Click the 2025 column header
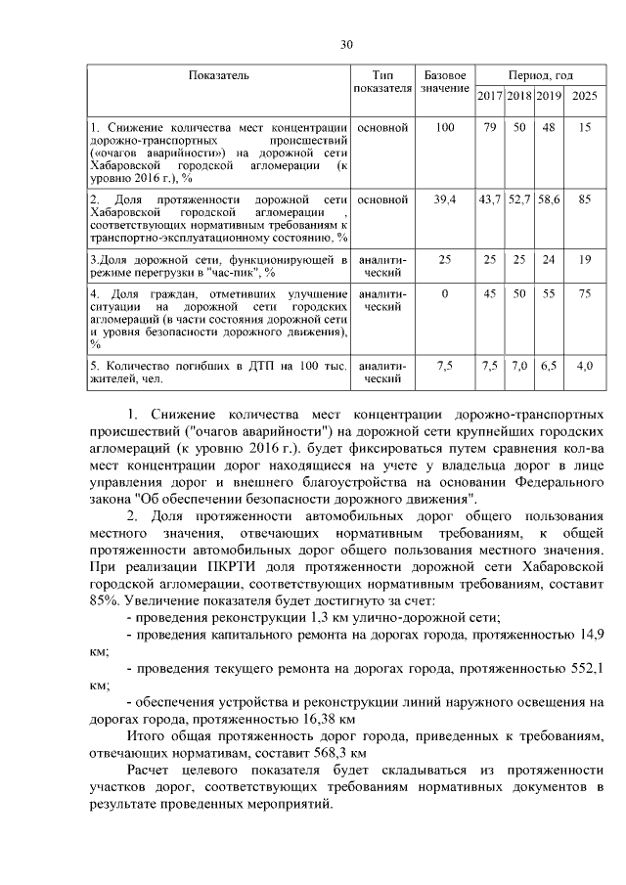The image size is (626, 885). point(584,96)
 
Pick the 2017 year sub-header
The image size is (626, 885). point(490,96)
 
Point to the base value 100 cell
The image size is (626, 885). point(445,129)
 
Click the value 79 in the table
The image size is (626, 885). point(490,129)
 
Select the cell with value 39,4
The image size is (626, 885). point(445,199)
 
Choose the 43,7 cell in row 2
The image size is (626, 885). point(490,199)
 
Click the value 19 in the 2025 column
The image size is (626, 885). point(584,260)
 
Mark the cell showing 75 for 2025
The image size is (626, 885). point(584,294)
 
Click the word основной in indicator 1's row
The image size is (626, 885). point(382,129)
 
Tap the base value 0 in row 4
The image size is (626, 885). point(445,294)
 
